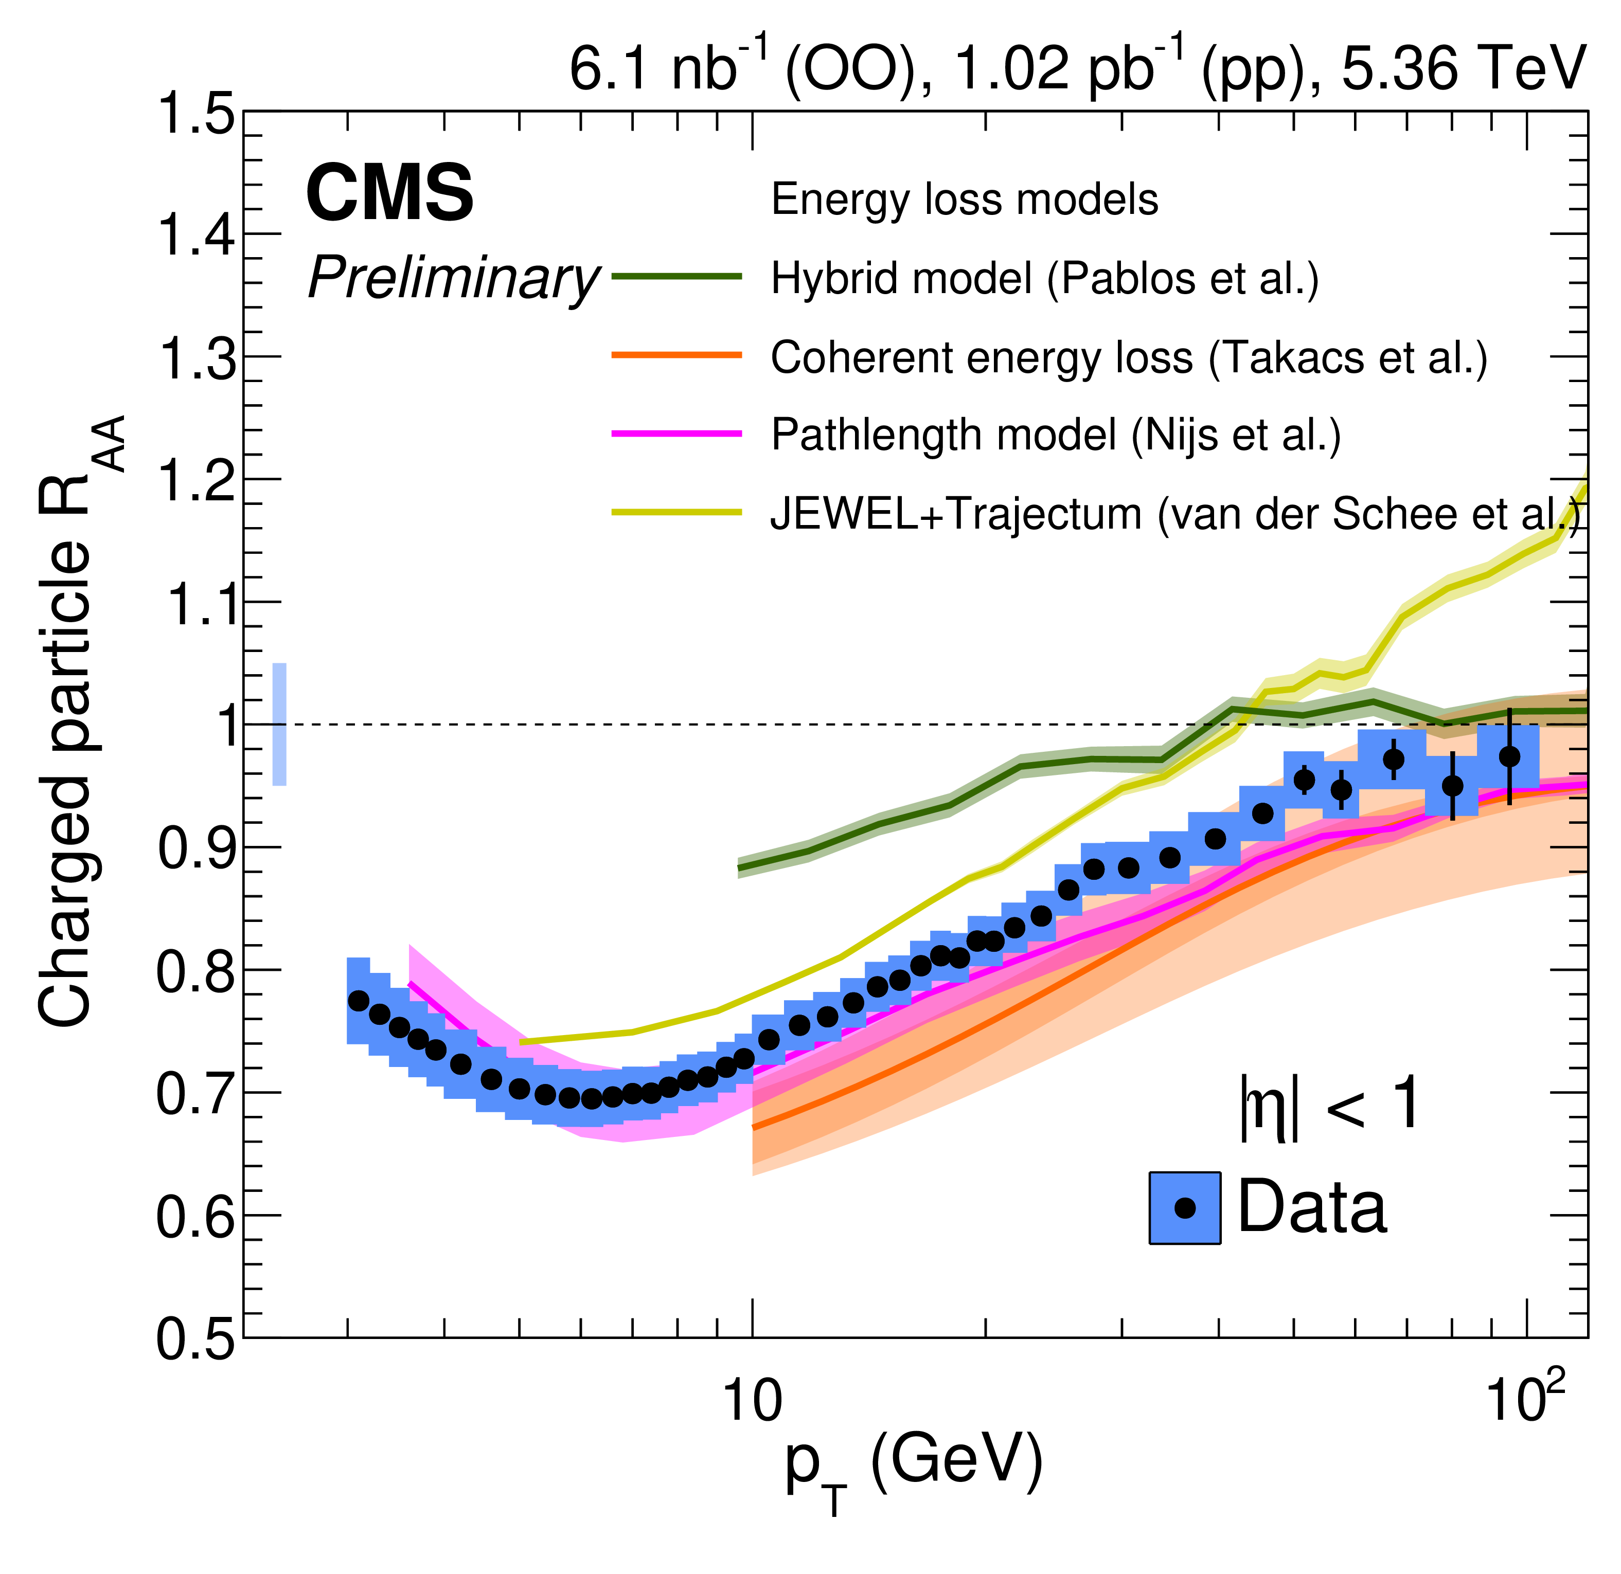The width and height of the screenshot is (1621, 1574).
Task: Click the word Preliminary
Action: pyautogui.click(x=453, y=279)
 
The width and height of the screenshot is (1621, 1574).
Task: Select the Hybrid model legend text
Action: pyautogui.click(x=1044, y=279)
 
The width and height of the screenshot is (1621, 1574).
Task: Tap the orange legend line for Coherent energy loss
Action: pyautogui.click(x=676, y=355)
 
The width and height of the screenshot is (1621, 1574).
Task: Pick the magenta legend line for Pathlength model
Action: pyautogui.click(x=676, y=433)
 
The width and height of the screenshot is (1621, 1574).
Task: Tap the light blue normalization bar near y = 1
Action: pyautogui.click(x=279, y=724)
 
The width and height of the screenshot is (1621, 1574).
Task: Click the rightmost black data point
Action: pyautogui.click(x=1509, y=756)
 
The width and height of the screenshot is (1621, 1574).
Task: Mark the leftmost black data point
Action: pyautogui.click(x=358, y=1000)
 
